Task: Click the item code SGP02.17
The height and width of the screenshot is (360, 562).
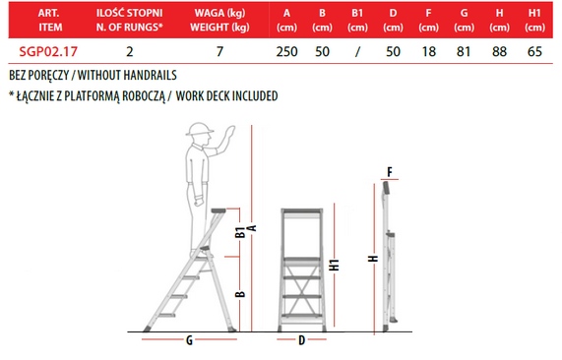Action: (x=48, y=51)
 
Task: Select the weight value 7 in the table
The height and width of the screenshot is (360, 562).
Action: (x=219, y=51)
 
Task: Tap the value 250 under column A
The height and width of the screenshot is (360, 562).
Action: (x=286, y=51)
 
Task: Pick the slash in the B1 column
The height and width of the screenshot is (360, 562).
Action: (x=357, y=52)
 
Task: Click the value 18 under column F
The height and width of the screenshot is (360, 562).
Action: (x=429, y=51)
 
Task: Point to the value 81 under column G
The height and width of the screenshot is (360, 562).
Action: (x=464, y=51)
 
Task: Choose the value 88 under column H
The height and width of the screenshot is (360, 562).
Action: (x=499, y=51)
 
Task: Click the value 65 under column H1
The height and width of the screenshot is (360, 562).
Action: (x=534, y=51)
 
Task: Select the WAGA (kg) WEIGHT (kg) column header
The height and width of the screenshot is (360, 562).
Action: (x=219, y=20)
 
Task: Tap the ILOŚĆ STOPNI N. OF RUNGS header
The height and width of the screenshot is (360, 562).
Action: (x=129, y=20)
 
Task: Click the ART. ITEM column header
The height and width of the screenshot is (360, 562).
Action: (x=50, y=20)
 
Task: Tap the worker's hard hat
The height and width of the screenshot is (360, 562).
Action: (x=199, y=129)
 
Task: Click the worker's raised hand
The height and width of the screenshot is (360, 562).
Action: (x=228, y=134)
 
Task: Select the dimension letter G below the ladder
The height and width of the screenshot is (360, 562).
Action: (x=189, y=340)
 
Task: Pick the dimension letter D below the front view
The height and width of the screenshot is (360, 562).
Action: (x=301, y=340)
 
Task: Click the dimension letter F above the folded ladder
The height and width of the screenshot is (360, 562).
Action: (x=390, y=172)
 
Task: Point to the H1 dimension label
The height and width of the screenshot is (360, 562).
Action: (x=334, y=265)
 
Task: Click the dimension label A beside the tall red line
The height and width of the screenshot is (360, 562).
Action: (x=252, y=228)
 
